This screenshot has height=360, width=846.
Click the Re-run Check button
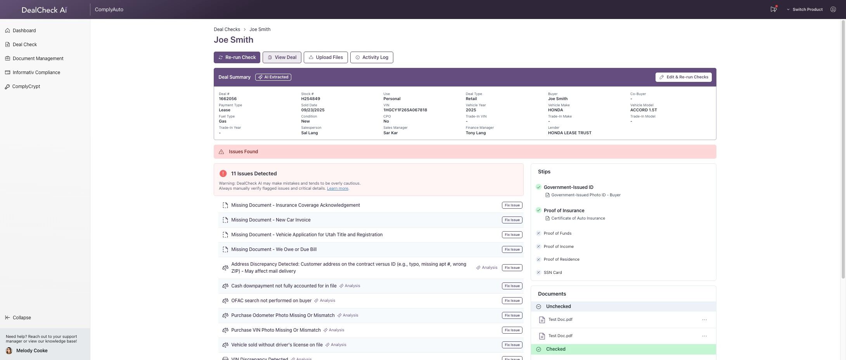237,57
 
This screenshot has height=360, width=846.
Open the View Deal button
282,57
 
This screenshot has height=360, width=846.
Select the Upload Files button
325,57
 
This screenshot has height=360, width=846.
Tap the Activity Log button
371,57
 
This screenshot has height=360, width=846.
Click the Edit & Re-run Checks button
683,77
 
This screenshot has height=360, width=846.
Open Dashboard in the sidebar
24,31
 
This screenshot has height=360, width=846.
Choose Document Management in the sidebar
38,59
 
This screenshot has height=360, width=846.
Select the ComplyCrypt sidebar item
26,87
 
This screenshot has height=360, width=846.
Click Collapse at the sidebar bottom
21,318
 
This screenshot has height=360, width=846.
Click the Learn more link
337,189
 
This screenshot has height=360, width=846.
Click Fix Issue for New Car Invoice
512,220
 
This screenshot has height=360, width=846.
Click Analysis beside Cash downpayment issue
350,286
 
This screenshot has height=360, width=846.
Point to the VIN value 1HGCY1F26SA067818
405,110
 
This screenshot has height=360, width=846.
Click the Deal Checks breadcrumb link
227,29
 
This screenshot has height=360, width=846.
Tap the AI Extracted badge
273,77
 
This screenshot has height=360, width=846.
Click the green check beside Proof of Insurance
538,210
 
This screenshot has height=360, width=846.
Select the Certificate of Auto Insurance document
578,218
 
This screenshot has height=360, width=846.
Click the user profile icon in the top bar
833,9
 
